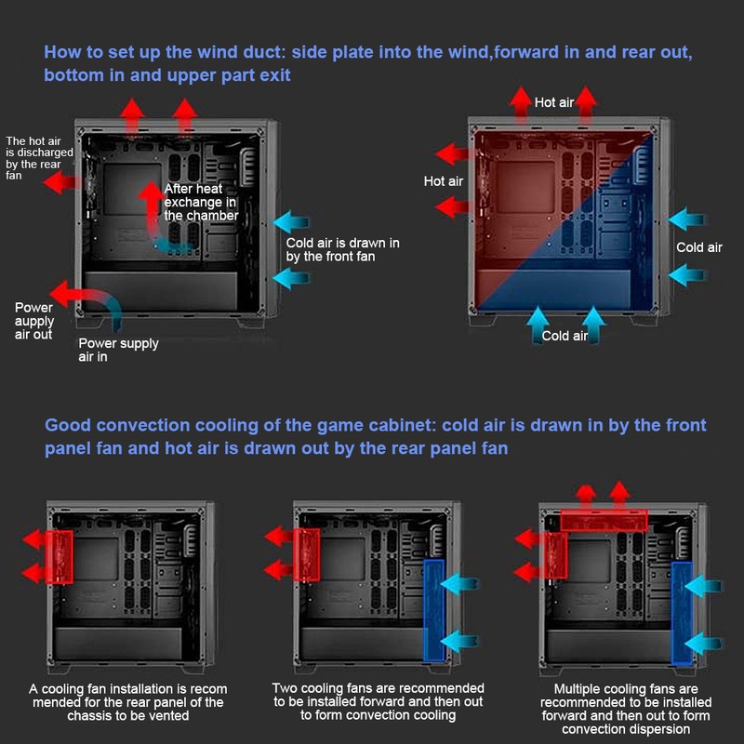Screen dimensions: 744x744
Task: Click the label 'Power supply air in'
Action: point(118,350)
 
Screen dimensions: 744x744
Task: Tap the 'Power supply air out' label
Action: point(34,321)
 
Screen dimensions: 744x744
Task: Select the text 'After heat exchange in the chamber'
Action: point(201,202)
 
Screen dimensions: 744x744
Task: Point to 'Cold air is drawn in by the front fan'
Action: point(342,249)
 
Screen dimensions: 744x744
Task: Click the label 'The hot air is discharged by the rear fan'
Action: point(33,158)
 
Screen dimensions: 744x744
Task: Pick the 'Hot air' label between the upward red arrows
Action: point(554,102)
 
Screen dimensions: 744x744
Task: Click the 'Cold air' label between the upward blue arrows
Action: point(565,336)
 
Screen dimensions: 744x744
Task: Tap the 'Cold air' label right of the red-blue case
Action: point(698,247)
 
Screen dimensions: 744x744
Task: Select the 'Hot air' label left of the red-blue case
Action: point(443,181)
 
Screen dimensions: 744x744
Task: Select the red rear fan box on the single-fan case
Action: point(60,556)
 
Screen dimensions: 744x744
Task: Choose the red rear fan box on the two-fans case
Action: point(307,555)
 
